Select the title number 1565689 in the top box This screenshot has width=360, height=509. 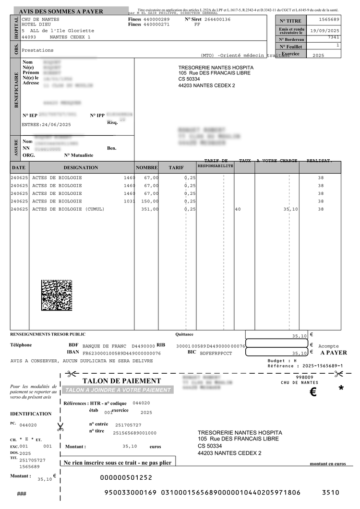[x=329, y=19]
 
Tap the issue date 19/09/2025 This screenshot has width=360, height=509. [x=325, y=30]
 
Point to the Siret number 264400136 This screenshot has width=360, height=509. [x=217, y=19]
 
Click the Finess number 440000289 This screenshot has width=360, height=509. [x=156, y=19]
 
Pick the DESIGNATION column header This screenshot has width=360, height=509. [x=81, y=167]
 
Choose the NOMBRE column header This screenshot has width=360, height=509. [x=147, y=167]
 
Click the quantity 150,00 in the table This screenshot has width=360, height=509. [x=150, y=201]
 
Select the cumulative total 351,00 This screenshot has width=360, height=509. [x=150, y=209]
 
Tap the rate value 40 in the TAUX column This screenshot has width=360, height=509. [x=238, y=209]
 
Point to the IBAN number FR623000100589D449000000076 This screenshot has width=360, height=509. [x=122, y=353]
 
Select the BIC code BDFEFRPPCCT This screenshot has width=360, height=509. [x=216, y=353]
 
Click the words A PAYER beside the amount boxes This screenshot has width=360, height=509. [x=334, y=353]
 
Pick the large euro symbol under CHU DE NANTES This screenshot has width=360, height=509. [x=313, y=392]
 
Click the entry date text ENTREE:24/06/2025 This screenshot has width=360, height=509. [x=46, y=125]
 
